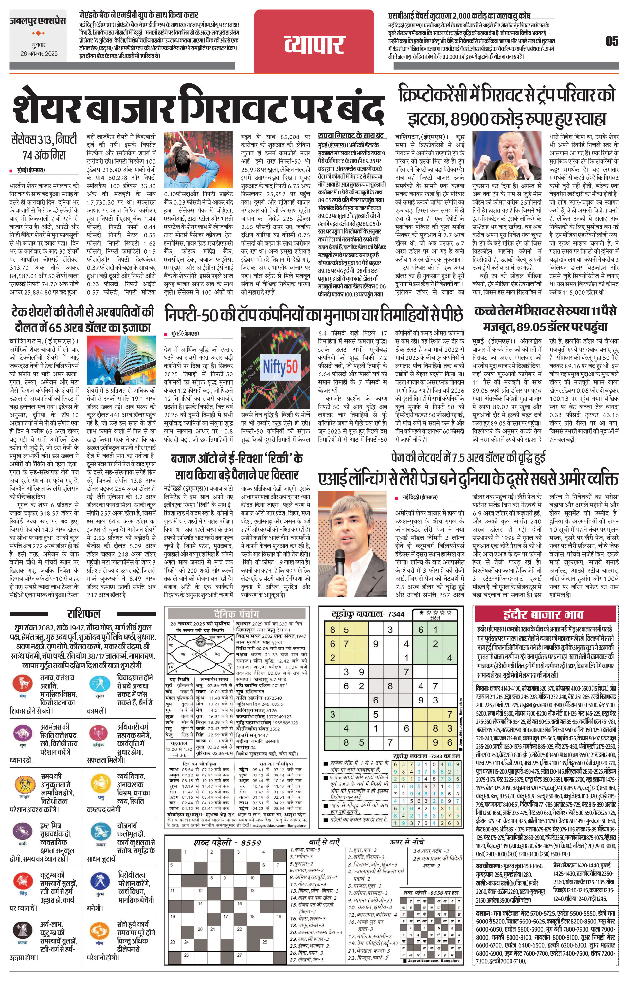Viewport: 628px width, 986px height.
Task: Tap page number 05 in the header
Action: pyautogui.click(x=612, y=41)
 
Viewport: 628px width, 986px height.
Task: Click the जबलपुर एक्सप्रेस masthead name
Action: pyautogui.click(x=38, y=21)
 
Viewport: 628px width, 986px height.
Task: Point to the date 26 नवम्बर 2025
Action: pyautogui.click(x=39, y=54)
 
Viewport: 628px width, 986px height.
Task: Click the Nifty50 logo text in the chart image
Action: pyautogui.click(x=280, y=366)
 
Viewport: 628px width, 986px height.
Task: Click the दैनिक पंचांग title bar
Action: pyautogui.click(x=236, y=614)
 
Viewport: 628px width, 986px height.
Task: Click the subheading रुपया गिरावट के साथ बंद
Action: pyautogui.click(x=351, y=136)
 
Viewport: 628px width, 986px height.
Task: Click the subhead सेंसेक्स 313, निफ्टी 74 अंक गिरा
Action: pyautogui.click(x=44, y=147)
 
